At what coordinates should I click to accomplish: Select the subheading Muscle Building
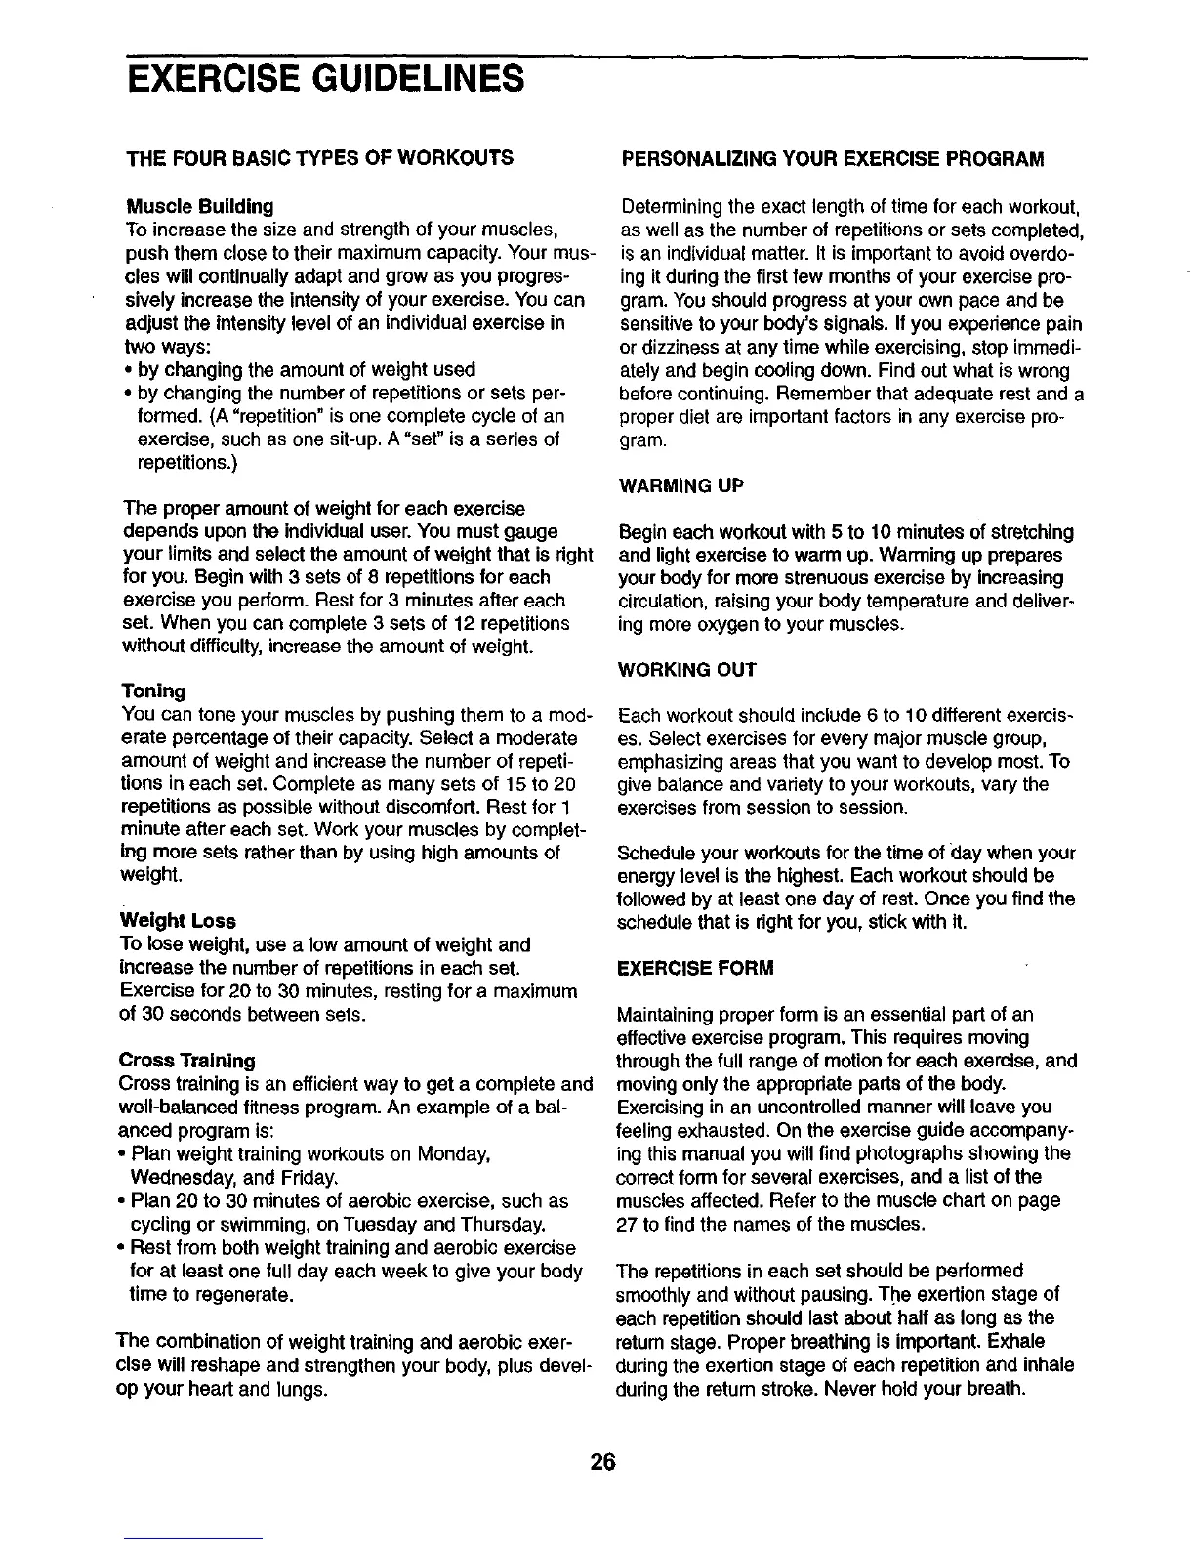[200, 207]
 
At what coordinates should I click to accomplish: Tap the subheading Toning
[153, 690]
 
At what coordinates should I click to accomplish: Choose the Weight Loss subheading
[178, 921]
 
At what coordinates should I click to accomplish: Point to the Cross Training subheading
[186, 1060]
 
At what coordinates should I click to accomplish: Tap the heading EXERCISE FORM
[696, 968]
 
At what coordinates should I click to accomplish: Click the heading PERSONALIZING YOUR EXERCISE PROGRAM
[833, 158]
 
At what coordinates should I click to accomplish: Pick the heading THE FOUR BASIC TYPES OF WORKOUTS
[321, 157]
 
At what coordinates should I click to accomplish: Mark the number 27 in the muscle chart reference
[631, 1223]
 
